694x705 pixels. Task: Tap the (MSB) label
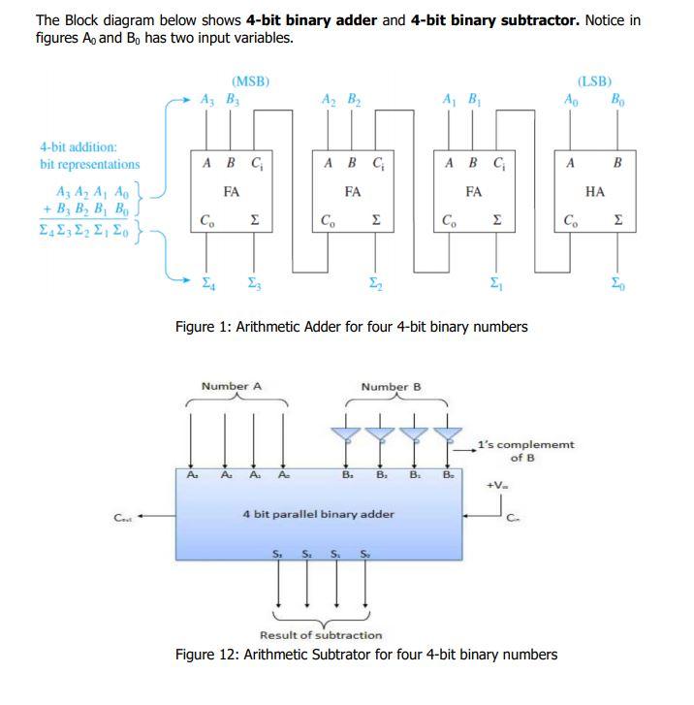[250, 81]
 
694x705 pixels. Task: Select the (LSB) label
[594, 82]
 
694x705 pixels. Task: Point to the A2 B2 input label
[340, 99]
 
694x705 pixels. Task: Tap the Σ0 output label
[618, 283]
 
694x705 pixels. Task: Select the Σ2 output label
[373, 283]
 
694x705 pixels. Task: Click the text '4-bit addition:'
[79, 147]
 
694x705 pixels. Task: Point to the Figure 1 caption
[351, 327]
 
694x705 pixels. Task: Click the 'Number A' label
[232, 386]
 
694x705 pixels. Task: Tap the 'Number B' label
[391, 387]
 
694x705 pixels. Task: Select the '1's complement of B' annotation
[525, 451]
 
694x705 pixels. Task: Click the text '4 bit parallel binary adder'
[318, 513]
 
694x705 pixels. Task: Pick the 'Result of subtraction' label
[321, 635]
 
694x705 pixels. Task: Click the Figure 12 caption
[365, 655]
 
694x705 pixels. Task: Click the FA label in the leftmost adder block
[231, 193]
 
